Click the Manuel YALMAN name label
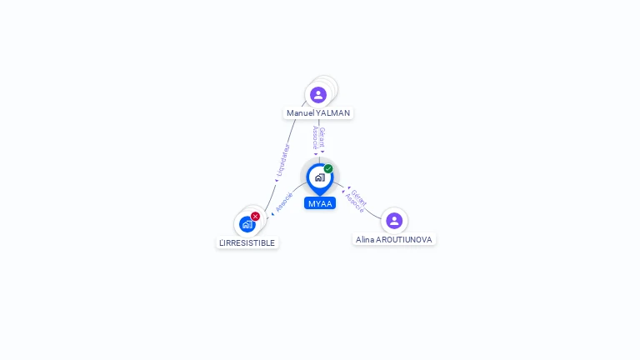point(318,113)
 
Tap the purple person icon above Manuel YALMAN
point(318,95)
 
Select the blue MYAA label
point(320,203)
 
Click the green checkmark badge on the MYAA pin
point(328,168)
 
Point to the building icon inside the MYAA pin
point(320,177)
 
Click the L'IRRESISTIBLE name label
point(247,242)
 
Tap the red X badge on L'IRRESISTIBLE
point(255,217)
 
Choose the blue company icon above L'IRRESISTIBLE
point(247,224)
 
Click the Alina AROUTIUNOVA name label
point(394,240)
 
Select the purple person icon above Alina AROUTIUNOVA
point(394,221)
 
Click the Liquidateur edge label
point(282,160)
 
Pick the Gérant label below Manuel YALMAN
point(322,137)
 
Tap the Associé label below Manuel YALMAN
point(315,137)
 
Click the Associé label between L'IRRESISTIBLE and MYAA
point(283,202)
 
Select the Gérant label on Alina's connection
point(359,197)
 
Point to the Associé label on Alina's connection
point(354,202)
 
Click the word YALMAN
point(333,113)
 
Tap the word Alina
point(365,240)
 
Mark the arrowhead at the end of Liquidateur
point(277,180)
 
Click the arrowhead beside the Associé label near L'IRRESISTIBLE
point(272,214)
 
